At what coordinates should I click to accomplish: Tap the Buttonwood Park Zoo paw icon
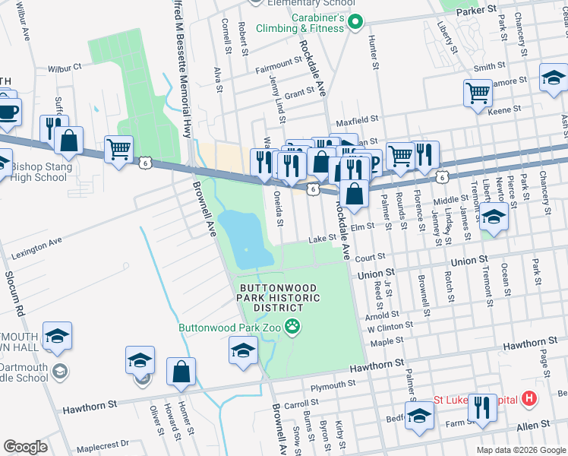tap(293, 328)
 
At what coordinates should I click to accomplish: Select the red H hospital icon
tap(529, 399)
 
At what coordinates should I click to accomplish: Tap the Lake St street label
tap(321, 239)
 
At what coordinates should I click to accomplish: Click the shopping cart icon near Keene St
tap(478, 94)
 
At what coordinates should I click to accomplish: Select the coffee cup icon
tap(8, 112)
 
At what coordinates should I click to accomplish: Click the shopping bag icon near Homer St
tap(181, 372)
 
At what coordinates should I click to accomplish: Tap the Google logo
tap(25, 447)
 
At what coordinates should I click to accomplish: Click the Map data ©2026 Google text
tap(520, 449)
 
